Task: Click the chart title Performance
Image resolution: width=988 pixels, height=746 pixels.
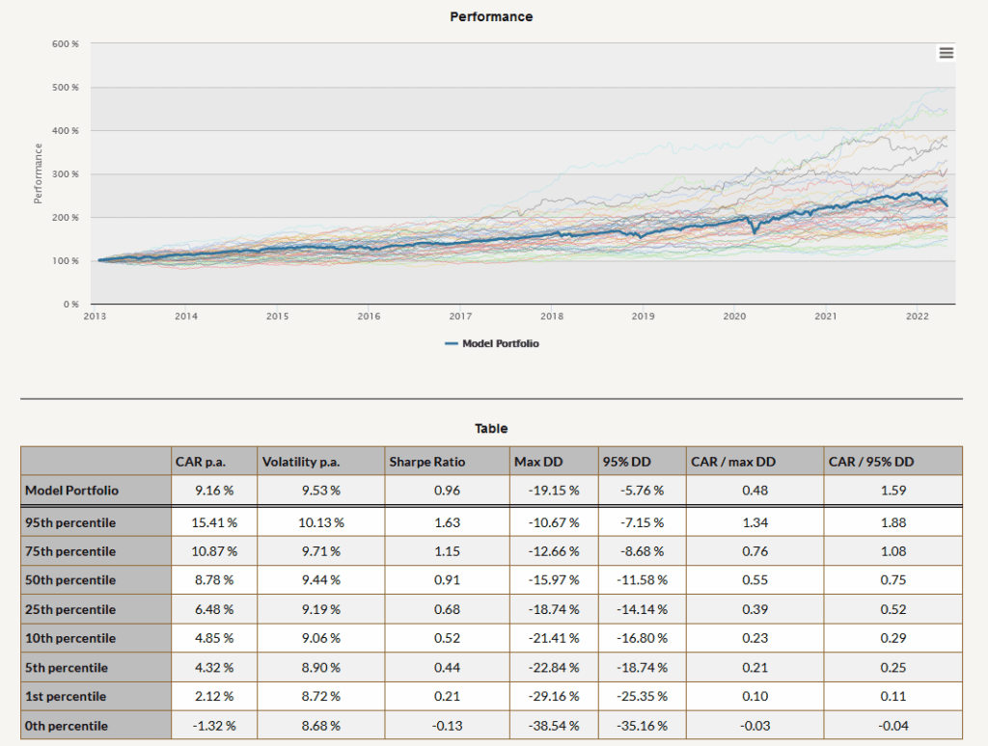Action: tap(491, 17)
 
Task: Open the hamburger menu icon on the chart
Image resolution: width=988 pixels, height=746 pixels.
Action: tap(946, 53)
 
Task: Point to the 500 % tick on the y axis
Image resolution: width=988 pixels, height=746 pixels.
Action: tap(66, 88)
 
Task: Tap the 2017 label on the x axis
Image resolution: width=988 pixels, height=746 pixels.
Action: tap(460, 316)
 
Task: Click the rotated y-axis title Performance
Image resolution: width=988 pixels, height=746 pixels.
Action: tap(38, 173)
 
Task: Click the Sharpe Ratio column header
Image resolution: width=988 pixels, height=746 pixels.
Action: tap(427, 462)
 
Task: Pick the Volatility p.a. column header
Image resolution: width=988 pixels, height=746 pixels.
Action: tap(301, 462)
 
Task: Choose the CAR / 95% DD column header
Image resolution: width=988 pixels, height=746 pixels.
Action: tap(871, 462)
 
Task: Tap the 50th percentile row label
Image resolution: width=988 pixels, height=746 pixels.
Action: tap(70, 580)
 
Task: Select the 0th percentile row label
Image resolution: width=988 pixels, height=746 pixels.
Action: tap(67, 726)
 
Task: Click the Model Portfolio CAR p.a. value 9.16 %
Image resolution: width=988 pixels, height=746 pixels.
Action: tap(214, 491)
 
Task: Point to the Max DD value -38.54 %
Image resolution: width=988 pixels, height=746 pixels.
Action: tap(554, 726)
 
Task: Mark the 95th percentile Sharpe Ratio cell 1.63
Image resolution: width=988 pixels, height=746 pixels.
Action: tap(447, 522)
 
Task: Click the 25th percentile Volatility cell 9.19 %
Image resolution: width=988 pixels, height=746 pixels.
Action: tap(320, 609)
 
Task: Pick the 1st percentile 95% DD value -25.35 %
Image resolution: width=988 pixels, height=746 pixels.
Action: tap(642, 696)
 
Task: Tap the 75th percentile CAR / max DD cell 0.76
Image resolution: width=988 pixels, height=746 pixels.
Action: tap(755, 551)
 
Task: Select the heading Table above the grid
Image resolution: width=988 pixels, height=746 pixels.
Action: tap(491, 429)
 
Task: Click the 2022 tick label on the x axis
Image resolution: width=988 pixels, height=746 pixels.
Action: tap(917, 316)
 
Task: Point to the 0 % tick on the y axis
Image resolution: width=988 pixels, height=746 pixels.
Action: tap(71, 304)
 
